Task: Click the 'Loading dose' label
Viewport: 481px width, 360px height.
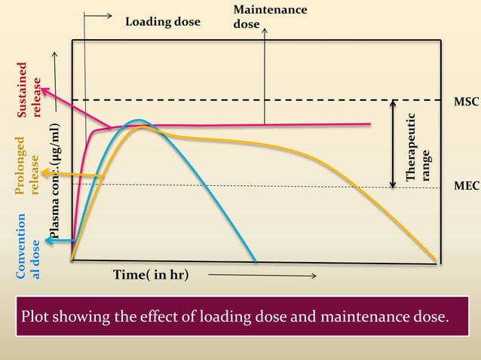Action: pyautogui.click(x=163, y=22)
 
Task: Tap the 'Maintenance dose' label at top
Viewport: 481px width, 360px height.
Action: pyautogui.click(x=270, y=17)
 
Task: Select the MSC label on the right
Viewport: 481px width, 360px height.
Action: pyautogui.click(x=466, y=101)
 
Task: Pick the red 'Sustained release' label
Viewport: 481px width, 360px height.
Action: pyautogui.click(x=28, y=90)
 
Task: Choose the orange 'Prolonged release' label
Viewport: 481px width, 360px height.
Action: pyautogui.click(x=28, y=166)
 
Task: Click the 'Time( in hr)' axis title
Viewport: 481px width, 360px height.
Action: pyautogui.click(x=151, y=275)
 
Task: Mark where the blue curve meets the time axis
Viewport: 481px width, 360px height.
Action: pyautogui.click(x=256, y=262)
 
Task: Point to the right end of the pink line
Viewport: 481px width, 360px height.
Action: pyautogui.click(x=369, y=124)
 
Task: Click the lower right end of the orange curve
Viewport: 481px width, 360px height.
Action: pyautogui.click(x=435, y=261)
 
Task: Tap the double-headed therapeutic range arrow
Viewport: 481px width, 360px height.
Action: pyautogui.click(x=393, y=143)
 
